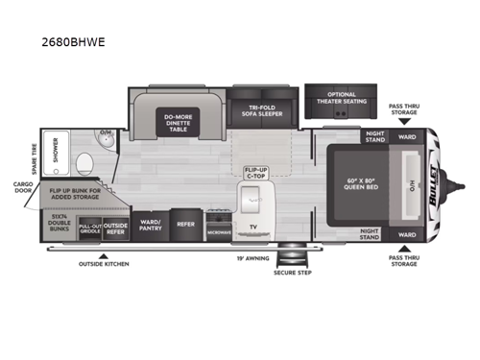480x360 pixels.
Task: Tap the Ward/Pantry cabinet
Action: pyautogui.click(x=149, y=225)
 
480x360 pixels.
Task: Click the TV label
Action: pyautogui.click(x=252, y=228)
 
